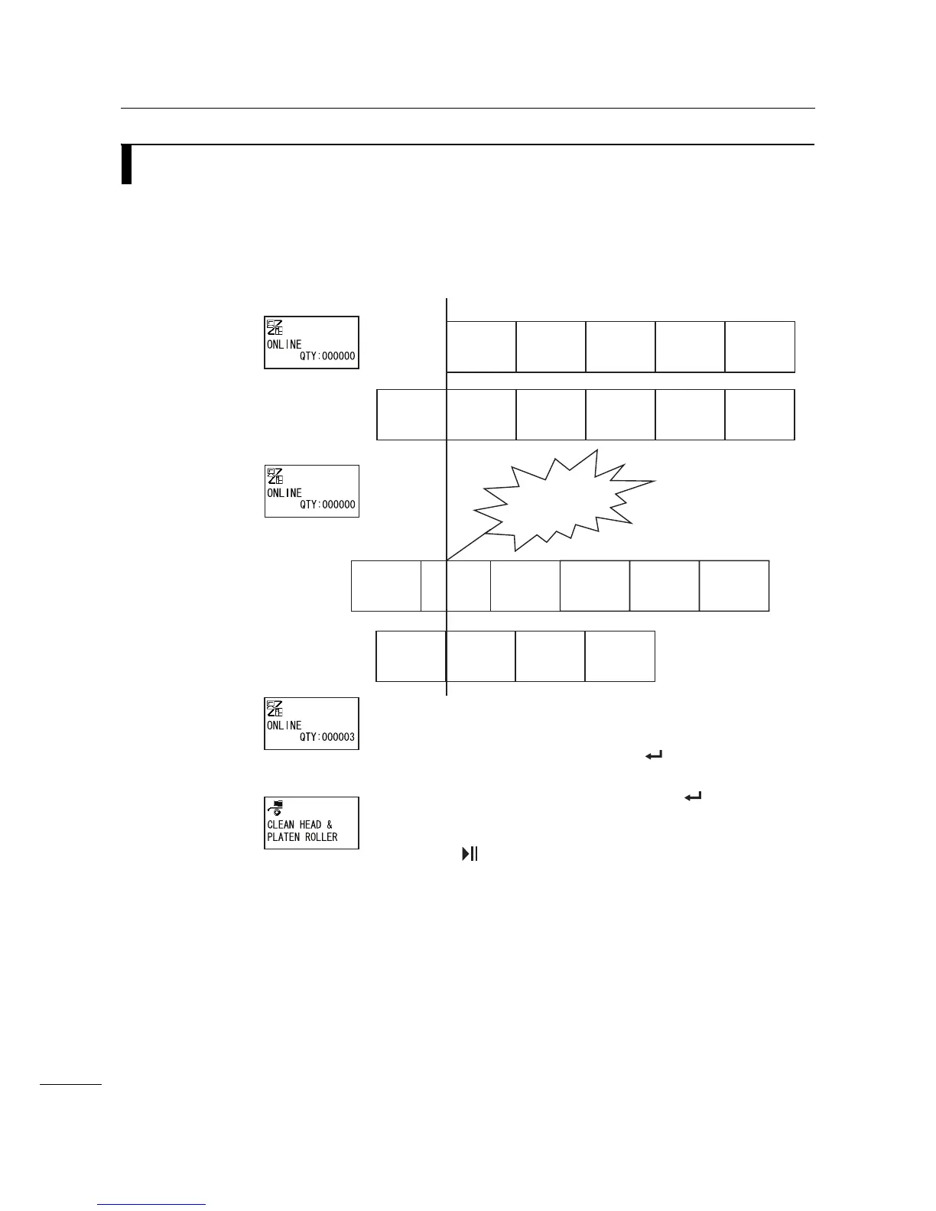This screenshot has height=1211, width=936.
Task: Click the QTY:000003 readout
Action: (x=327, y=738)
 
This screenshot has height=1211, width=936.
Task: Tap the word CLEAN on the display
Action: (x=281, y=825)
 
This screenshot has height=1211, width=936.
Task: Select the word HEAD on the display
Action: (x=310, y=825)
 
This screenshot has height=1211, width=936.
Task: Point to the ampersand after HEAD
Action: (x=330, y=825)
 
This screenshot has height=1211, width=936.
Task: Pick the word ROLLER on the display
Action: (x=322, y=837)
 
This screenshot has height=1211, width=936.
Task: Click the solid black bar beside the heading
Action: (x=126, y=164)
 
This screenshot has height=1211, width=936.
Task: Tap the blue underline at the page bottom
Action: (x=152, y=1205)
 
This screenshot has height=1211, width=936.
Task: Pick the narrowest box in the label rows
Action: (x=434, y=586)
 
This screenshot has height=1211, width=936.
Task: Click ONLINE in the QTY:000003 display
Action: (x=284, y=726)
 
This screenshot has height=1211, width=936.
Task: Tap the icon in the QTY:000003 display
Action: (x=275, y=709)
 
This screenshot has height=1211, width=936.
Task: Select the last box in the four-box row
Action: (x=620, y=656)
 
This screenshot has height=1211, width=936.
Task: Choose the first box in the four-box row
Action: (x=411, y=656)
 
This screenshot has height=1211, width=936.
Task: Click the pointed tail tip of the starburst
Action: (x=448, y=560)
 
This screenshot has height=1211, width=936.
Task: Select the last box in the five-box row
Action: (x=760, y=347)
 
